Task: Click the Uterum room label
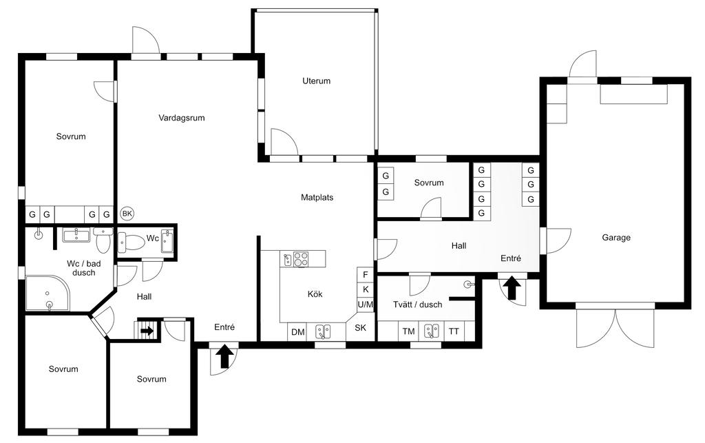point(316,81)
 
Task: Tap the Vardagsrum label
point(182,118)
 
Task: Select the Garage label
point(616,238)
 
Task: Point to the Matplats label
point(317,197)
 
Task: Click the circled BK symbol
point(127,213)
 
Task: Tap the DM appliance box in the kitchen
point(297,332)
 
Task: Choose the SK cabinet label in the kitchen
point(361,327)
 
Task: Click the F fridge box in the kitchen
point(366,274)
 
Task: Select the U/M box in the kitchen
point(366,305)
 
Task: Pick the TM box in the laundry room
point(409,331)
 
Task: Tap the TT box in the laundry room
point(454,331)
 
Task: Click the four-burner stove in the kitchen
point(302,259)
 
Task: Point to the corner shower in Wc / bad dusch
point(48,293)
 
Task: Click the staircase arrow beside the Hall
point(147,331)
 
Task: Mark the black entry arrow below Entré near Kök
point(225,357)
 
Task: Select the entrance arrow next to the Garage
point(512,288)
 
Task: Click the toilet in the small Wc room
point(131,243)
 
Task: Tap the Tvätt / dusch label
point(418,305)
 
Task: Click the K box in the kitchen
point(366,289)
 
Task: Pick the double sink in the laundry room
point(432,331)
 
